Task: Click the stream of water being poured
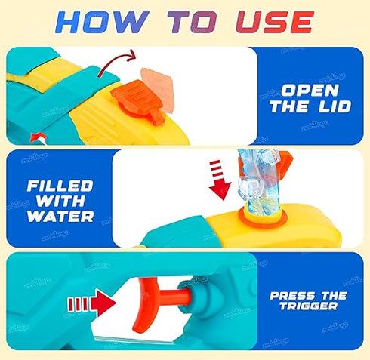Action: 261,181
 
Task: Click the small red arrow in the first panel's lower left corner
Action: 34,135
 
